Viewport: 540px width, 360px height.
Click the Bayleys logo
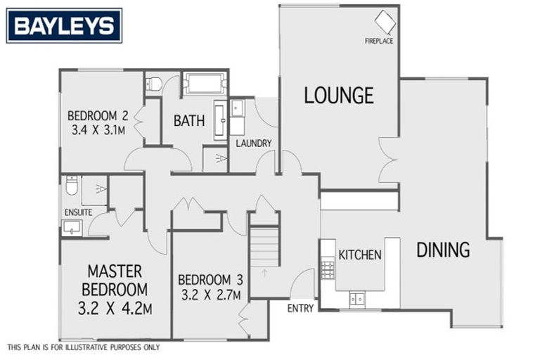pyautogui.click(x=64, y=25)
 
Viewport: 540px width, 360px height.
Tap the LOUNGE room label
pyautogui.click(x=338, y=95)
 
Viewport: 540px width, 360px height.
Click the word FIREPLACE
pyautogui.click(x=379, y=41)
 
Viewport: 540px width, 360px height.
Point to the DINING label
pyautogui.click(x=443, y=249)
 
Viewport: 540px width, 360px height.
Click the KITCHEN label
pyautogui.click(x=360, y=255)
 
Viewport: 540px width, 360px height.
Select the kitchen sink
pyautogui.click(x=357, y=299)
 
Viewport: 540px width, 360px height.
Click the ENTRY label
pyautogui.click(x=300, y=308)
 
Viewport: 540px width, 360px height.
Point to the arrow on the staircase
pyautogui.click(x=265, y=272)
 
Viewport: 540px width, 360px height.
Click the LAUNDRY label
pyautogui.click(x=253, y=143)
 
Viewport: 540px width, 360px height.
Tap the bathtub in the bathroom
pyautogui.click(x=205, y=84)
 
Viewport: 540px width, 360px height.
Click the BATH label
pyautogui.click(x=189, y=120)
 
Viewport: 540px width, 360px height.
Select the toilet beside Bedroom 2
pyautogui.click(x=154, y=84)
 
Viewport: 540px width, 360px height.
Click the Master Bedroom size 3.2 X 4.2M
pyautogui.click(x=115, y=307)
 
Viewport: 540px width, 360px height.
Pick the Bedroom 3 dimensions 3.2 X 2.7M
pyautogui.click(x=210, y=294)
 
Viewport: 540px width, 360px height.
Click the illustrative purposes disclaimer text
pyautogui.click(x=83, y=347)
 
